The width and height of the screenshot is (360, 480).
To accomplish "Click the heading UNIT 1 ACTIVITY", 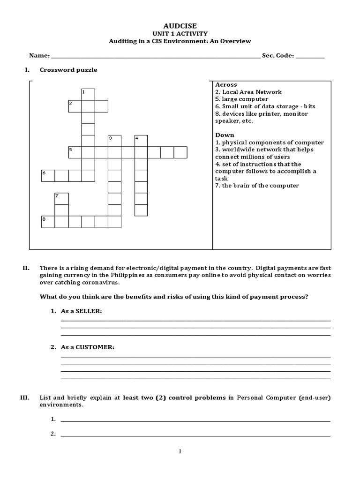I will tap(180, 33).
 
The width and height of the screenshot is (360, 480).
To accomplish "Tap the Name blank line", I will tap(155, 56).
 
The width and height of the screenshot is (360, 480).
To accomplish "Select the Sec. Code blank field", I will tap(310, 56).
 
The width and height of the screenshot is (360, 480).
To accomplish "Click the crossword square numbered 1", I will tap(88, 94).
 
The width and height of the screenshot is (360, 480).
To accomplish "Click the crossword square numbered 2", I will tap(75, 106).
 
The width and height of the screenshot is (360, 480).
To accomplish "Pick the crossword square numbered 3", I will tap(114, 141).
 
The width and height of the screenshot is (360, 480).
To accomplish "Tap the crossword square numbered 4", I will tap(141, 141).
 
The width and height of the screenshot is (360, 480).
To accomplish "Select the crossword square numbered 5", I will tap(75, 152).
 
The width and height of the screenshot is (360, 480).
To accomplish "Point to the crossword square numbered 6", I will tap(48, 175).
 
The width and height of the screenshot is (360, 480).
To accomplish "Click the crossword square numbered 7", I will tap(61, 198).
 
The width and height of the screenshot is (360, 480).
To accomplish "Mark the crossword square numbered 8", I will tap(48, 221).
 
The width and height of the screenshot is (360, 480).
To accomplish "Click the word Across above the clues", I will tap(226, 85).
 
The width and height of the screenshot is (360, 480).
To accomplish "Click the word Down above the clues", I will tap(225, 135).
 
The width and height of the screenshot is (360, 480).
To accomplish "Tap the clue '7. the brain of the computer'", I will tap(257, 186).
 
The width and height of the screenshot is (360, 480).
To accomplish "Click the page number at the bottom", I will tap(180, 451).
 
